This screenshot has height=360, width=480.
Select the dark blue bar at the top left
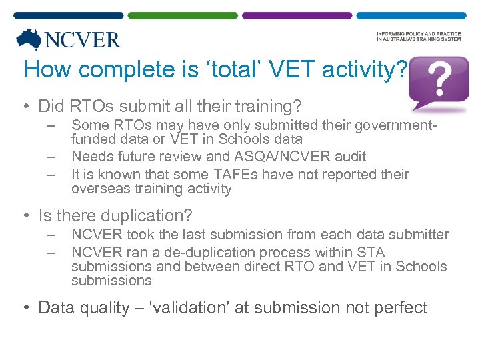tap(68, 15)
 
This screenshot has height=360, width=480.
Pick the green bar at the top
tap(182, 15)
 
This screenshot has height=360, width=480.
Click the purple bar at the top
tap(297, 15)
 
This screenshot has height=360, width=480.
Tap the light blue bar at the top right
tap(411, 15)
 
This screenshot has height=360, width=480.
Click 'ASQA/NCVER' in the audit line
tap(289, 157)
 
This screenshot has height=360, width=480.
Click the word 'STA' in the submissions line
tap(371, 252)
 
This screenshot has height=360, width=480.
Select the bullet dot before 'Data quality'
tap(28, 308)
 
